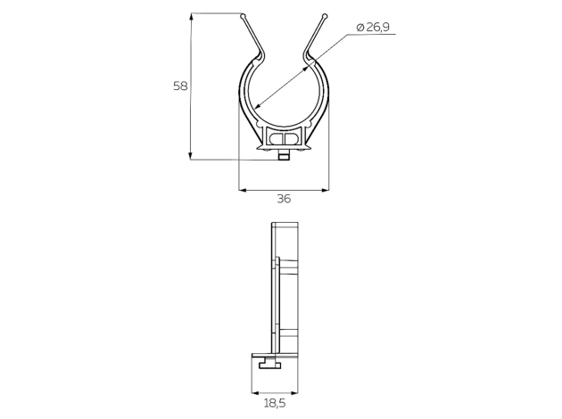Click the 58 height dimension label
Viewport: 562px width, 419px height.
pyautogui.click(x=180, y=86)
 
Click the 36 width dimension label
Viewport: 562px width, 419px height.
pyautogui.click(x=284, y=199)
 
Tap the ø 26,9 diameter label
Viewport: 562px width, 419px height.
pyautogui.click(x=373, y=28)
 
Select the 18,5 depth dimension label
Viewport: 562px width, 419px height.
pyautogui.click(x=275, y=404)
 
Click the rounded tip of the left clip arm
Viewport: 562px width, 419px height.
pyautogui.click(x=244, y=16)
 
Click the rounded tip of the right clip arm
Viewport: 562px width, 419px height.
pyautogui.click(x=325, y=16)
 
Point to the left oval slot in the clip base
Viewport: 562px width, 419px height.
pyautogui.click(x=277, y=138)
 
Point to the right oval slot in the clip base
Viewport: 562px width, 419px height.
pyautogui.click(x=292, y=138)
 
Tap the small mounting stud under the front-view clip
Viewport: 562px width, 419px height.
pyautogui.click(x=284, y=156)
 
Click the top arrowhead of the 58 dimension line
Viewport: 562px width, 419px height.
pyautogui.click(x=191, y=17)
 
